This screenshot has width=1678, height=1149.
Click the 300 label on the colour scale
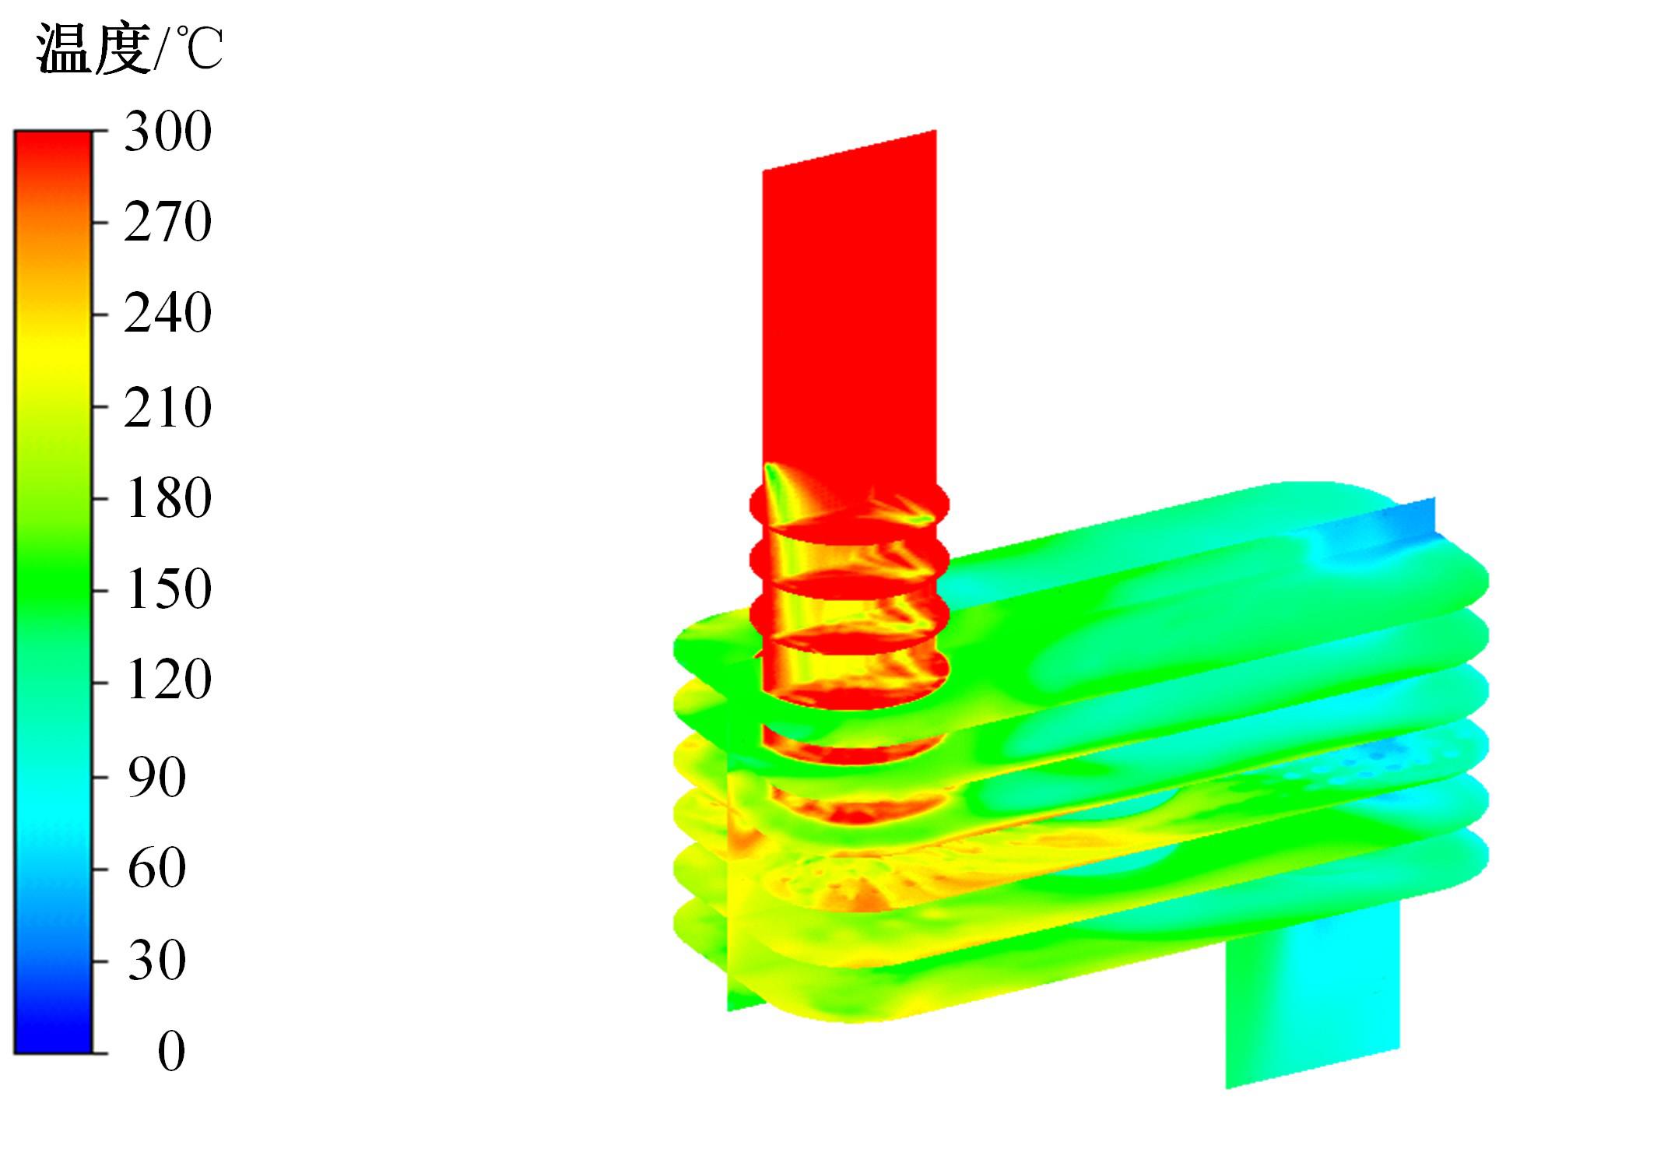point(167,131)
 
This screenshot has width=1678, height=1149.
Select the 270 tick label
point(167,222)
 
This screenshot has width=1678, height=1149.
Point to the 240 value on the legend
point(167,314)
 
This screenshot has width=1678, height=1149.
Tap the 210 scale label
point(167,407)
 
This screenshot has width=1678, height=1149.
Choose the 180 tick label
point(167,498)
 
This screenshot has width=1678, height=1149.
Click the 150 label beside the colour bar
point(167,589)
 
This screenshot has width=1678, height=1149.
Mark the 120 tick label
point(167,680)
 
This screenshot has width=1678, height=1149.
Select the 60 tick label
point(156,869)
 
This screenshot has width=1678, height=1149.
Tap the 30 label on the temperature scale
point(156,961)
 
